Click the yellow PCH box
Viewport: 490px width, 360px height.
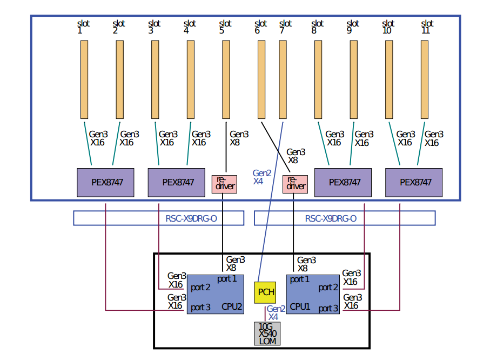[265, 292]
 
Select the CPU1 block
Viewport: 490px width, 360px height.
[313, 294]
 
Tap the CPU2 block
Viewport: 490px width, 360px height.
[216, 294]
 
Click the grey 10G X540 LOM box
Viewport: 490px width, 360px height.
[267, 334]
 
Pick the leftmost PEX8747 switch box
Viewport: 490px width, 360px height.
[106, 183]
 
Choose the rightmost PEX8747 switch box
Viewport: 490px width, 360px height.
[414, 183]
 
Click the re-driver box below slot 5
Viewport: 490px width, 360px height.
[224, 184]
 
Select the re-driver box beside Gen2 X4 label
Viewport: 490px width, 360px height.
[295, 184]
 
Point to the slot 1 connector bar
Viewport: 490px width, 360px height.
[84, 79]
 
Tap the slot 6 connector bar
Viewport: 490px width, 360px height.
[261, 79]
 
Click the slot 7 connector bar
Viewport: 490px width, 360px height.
[283, 79]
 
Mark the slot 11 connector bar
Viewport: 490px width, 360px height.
[425, 79]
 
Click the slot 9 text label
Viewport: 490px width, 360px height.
[353, 27]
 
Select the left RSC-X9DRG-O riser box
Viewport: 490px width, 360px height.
[159, 218]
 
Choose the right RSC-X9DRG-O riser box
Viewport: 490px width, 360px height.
[345, 218]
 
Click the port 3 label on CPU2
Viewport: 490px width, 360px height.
[200, 308]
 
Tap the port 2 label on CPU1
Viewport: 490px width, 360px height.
[328, 287]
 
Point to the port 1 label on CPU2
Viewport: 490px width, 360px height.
[227, 279]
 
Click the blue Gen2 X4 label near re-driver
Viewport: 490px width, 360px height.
[261, 177]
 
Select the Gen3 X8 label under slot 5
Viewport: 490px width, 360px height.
[239, 138]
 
